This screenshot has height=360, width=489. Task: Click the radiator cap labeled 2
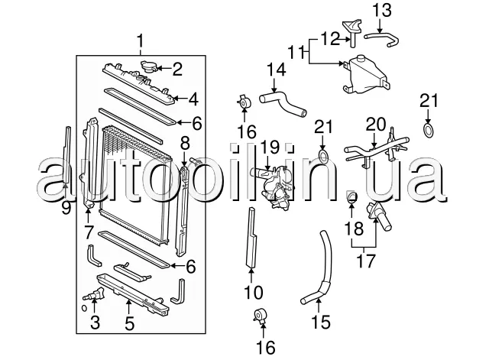147,66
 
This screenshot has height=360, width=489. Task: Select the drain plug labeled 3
94,295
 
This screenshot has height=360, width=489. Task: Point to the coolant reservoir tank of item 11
367,75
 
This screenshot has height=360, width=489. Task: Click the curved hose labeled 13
382,40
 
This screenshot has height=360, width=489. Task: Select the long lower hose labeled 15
319,268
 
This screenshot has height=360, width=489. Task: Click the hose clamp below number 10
261,315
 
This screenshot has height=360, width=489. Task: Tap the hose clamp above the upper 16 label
244,102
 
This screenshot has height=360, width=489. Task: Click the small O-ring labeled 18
351,197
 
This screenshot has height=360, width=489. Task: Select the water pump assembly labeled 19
274,187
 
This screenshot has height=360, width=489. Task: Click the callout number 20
375,125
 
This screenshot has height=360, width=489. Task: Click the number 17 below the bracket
365,261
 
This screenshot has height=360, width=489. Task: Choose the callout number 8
185,144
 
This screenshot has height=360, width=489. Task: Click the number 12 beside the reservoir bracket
330,39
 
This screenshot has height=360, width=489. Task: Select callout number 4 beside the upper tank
193,99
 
